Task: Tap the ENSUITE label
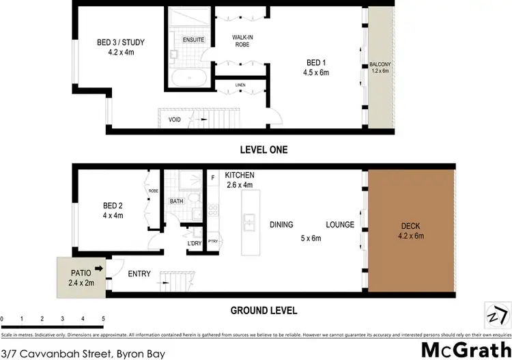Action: (x=194, y=40)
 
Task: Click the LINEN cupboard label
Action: (x=240, y=85)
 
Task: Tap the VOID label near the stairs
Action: (x=175, y=120)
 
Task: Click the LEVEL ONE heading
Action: (x=263, y=150)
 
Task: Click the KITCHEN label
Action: (x=239, y=176)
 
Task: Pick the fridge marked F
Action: (x=213, y=178)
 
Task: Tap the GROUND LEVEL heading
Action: (x=264, y=310)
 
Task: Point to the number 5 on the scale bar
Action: (x=103, y=318)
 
